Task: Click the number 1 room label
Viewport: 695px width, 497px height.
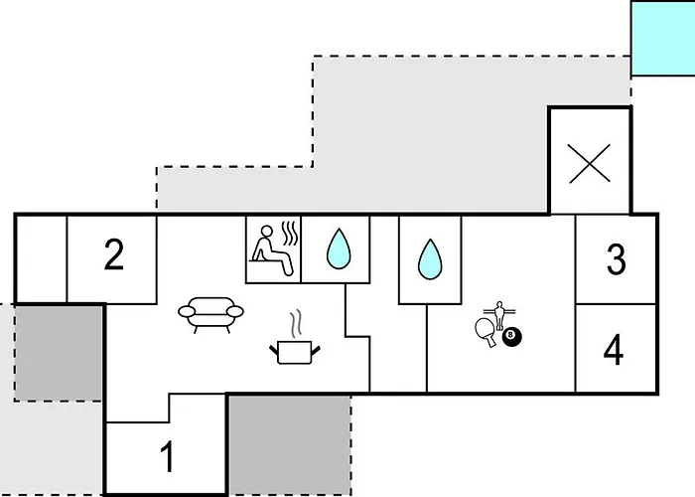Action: click(167, 458)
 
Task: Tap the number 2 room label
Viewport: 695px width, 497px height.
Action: click(113, 256)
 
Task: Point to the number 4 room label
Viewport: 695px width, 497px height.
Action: click(615, 350)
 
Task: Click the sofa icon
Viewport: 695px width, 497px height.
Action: click(210, 313)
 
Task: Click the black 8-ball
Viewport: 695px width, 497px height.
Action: click(511, 339)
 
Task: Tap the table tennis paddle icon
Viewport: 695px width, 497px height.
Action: click(486, 329)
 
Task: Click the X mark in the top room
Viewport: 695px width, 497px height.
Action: click(590, 162)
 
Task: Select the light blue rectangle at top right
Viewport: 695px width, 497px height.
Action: click(662, 38)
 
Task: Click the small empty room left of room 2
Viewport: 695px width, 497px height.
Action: click(41, 257)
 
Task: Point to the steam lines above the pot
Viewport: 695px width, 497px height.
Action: click(295, 323)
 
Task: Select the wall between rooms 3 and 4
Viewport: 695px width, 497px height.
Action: click(616, 304)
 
